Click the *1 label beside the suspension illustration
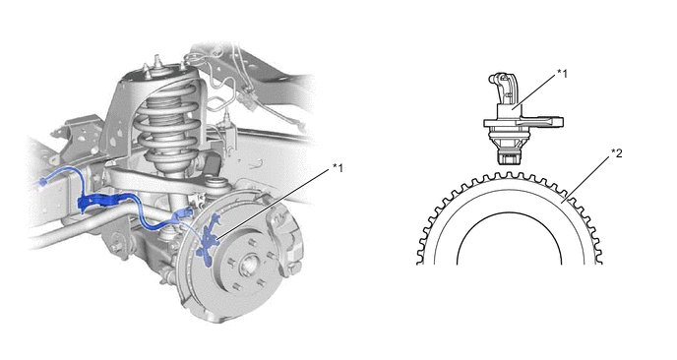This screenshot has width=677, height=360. click(338, 167)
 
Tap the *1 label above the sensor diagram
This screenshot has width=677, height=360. click(562, 74)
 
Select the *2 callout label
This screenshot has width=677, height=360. click(617, 152)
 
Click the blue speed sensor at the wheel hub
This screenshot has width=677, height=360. click(208, 242)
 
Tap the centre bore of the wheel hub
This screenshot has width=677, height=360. click(249, 264)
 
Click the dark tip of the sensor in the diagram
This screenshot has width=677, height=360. click(509, 158)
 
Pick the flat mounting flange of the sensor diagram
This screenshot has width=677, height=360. click(523, 123)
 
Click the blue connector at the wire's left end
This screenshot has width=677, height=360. click(42, 183)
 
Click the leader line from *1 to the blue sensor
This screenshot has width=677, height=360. click(275, 204)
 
